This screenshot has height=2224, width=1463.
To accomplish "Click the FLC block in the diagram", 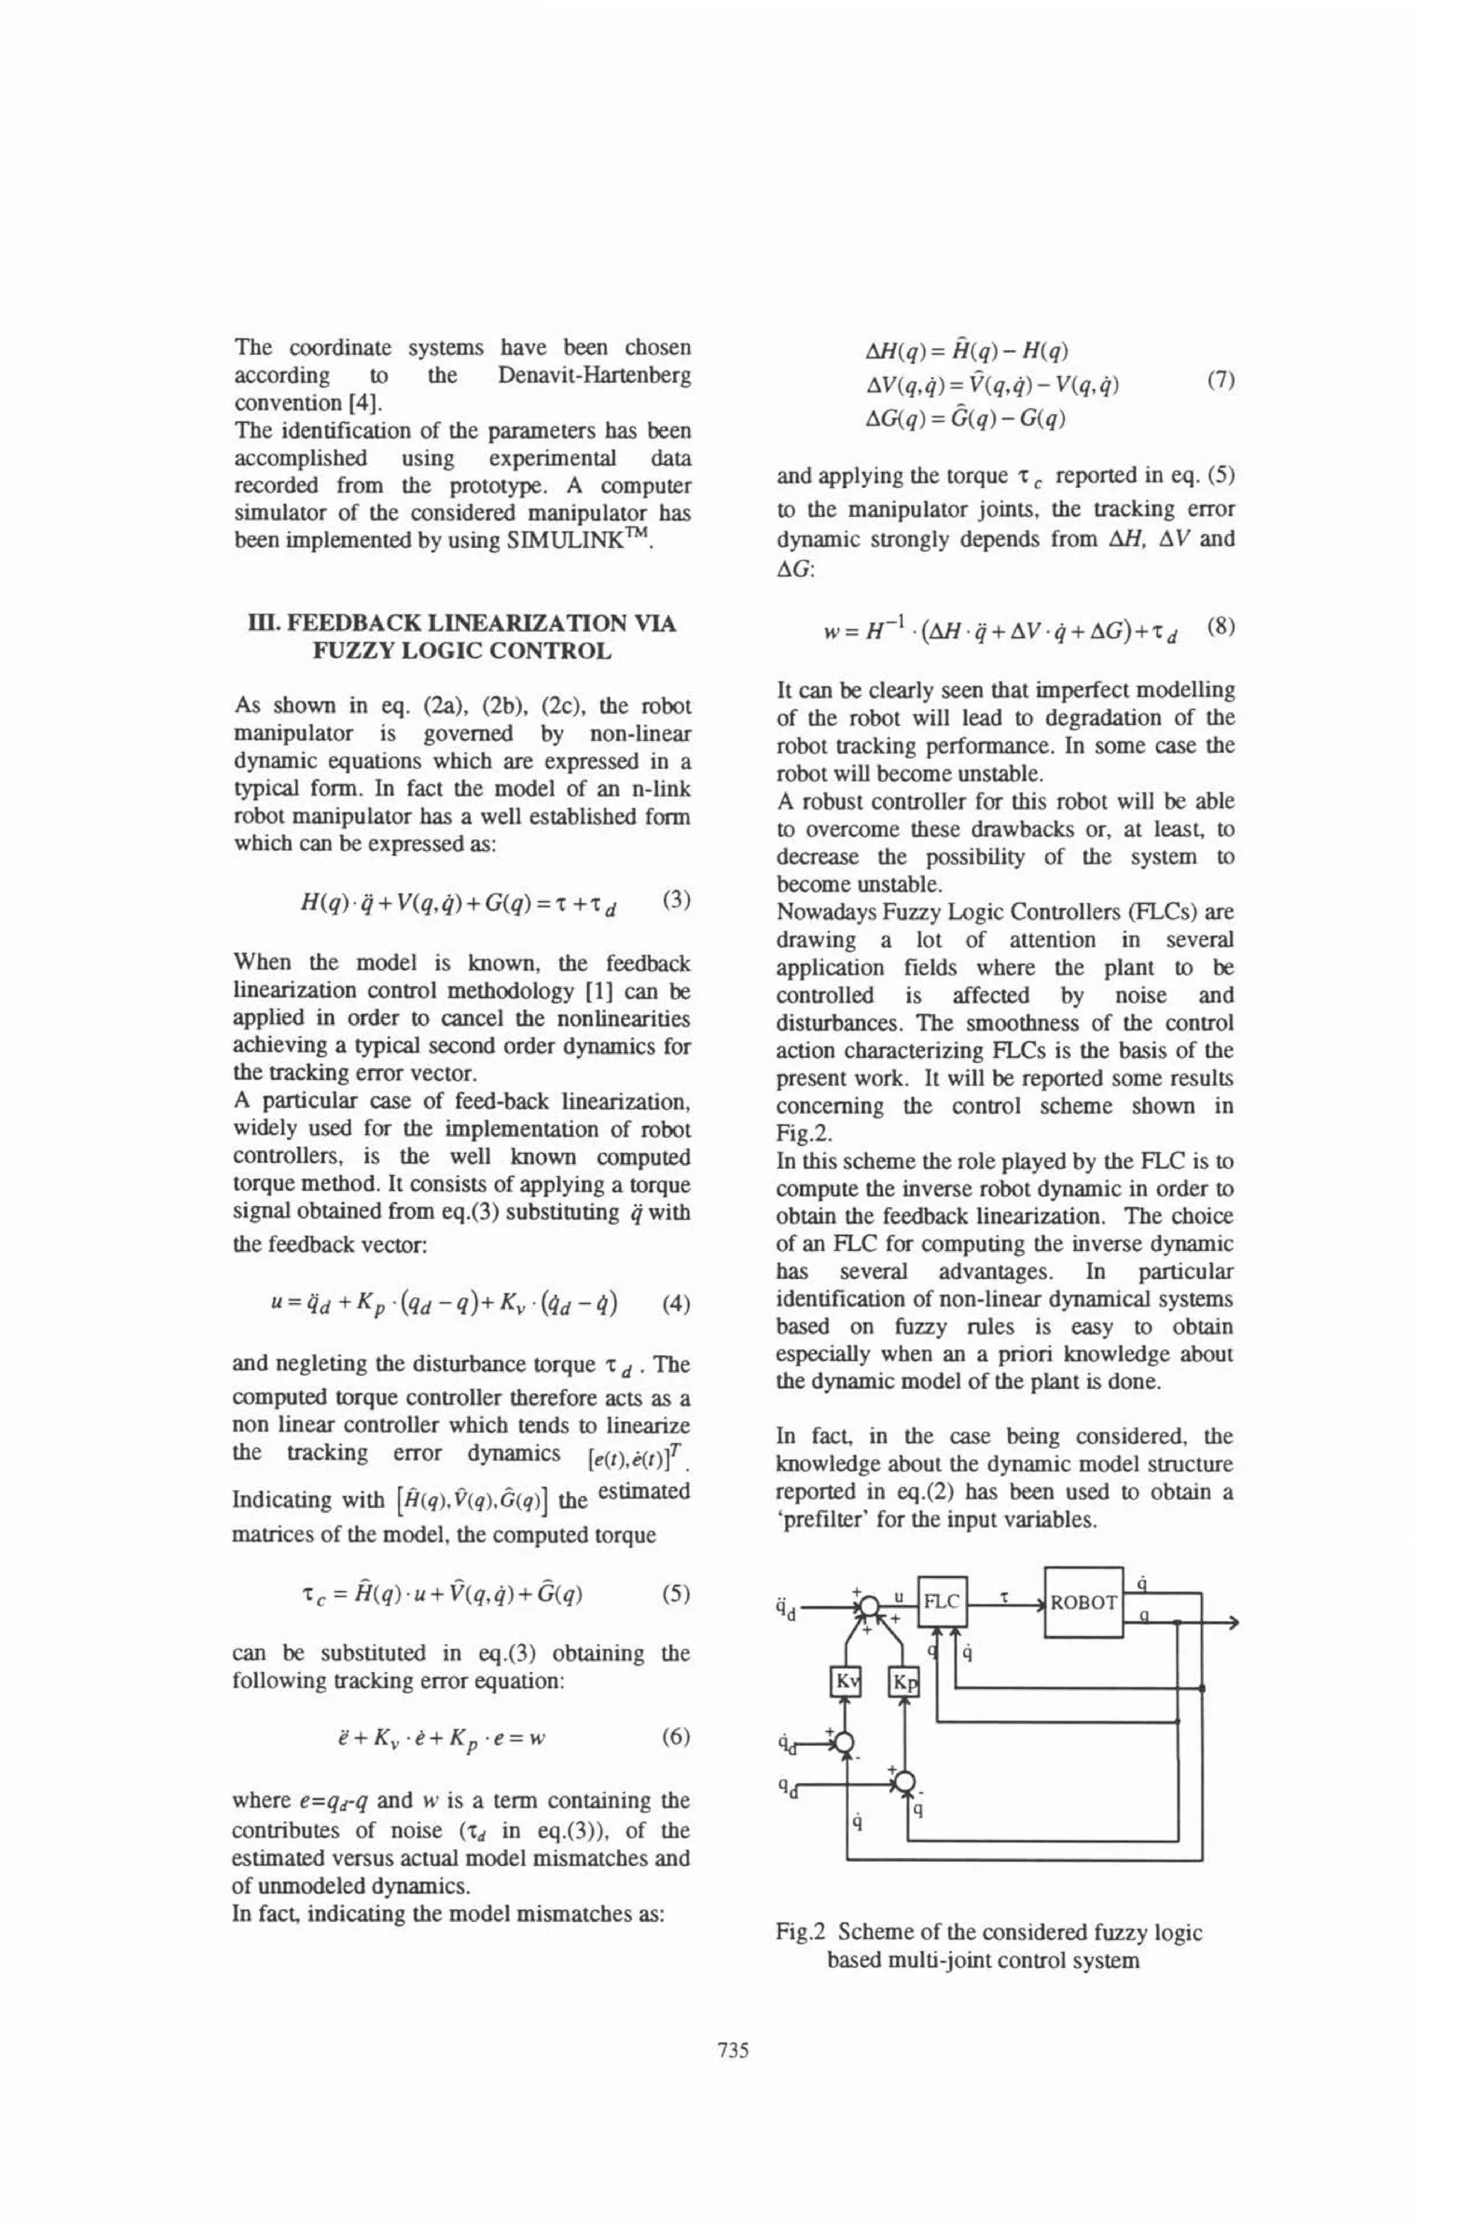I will pos(942,1602).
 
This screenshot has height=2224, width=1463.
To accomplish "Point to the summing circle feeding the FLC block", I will pos(868,1606).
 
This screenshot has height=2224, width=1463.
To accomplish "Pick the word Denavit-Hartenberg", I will pos(594,376).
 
